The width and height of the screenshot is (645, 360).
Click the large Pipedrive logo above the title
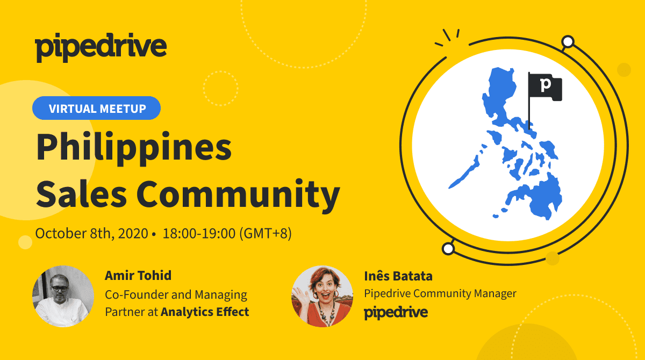101,47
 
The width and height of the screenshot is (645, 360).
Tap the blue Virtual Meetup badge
96,108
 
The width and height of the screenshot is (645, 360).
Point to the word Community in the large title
239,196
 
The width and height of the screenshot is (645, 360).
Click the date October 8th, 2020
91,233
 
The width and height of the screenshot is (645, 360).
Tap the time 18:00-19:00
199,233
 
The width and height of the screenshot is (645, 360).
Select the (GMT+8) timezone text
266,233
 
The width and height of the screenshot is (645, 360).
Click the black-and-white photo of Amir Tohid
63,296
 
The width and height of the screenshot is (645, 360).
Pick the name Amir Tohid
138,276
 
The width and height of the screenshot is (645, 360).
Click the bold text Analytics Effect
205,312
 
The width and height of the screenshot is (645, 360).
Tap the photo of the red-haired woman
322,296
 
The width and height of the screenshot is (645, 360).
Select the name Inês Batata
398,276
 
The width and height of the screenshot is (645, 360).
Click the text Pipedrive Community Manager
440,293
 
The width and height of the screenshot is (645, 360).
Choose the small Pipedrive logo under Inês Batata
396,313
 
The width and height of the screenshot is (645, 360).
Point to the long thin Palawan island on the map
464,172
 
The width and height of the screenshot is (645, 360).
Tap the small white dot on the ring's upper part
568,42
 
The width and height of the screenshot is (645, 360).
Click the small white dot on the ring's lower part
448,249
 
